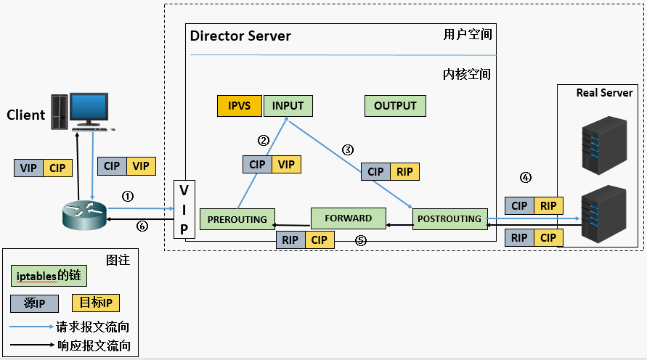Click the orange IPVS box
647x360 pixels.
[240, 106]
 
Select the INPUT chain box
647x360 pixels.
[288, 106]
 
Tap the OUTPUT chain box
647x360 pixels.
[395, 106]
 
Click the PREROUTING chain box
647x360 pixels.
[237, 219]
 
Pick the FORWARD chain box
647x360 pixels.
[348, 218]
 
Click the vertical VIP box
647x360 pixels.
[184, 210]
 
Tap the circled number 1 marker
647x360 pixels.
[128, 196]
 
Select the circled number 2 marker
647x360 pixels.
[264, 140]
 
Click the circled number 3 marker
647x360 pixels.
[348, 150]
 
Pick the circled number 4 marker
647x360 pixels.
[526, 177]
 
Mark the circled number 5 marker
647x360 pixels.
[359, 240]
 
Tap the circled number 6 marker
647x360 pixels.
[142, 226]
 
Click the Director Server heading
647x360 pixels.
[240, 36]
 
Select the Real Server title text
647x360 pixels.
[604, 93]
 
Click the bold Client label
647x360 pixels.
[26, 115]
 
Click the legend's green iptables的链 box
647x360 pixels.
[48, 276]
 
